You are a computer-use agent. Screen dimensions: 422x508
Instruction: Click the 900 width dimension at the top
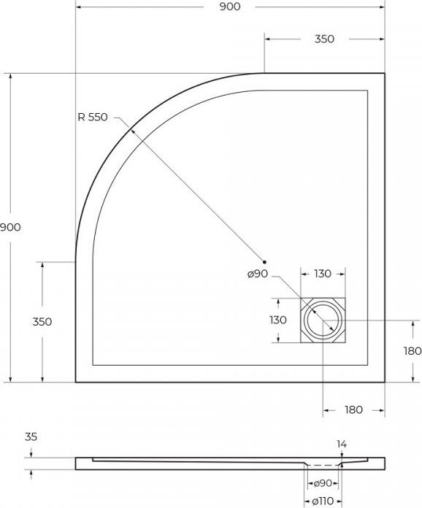[x=230, y=7]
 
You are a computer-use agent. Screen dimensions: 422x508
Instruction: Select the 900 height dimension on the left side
[x=10, y=227]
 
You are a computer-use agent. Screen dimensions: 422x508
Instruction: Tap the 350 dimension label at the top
[x=324, y=39]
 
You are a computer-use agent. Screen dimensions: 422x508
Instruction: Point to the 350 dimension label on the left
[x=42, y=322]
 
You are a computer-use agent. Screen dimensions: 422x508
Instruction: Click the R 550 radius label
[x=93, y=117]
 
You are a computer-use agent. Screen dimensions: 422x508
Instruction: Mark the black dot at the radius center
[x=264, y=262]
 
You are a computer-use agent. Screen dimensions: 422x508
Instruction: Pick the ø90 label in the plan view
[x=258, y=274]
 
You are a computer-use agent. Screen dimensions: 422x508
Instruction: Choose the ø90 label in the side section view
[x=323, y=483]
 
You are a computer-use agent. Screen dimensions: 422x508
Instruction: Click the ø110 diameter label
[x=323, y=501]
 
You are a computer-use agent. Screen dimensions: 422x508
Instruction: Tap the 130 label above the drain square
[x=323, y=274]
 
